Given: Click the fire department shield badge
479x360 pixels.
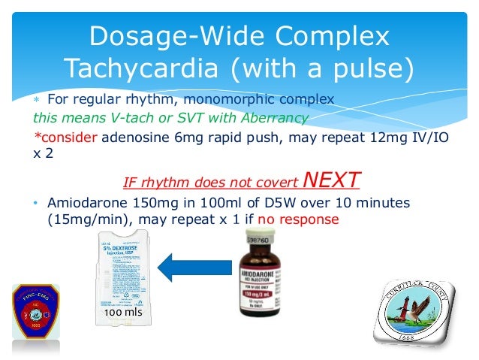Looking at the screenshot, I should (x=35, y=315).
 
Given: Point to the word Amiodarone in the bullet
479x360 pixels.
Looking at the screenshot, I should (x=83, y=203).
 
